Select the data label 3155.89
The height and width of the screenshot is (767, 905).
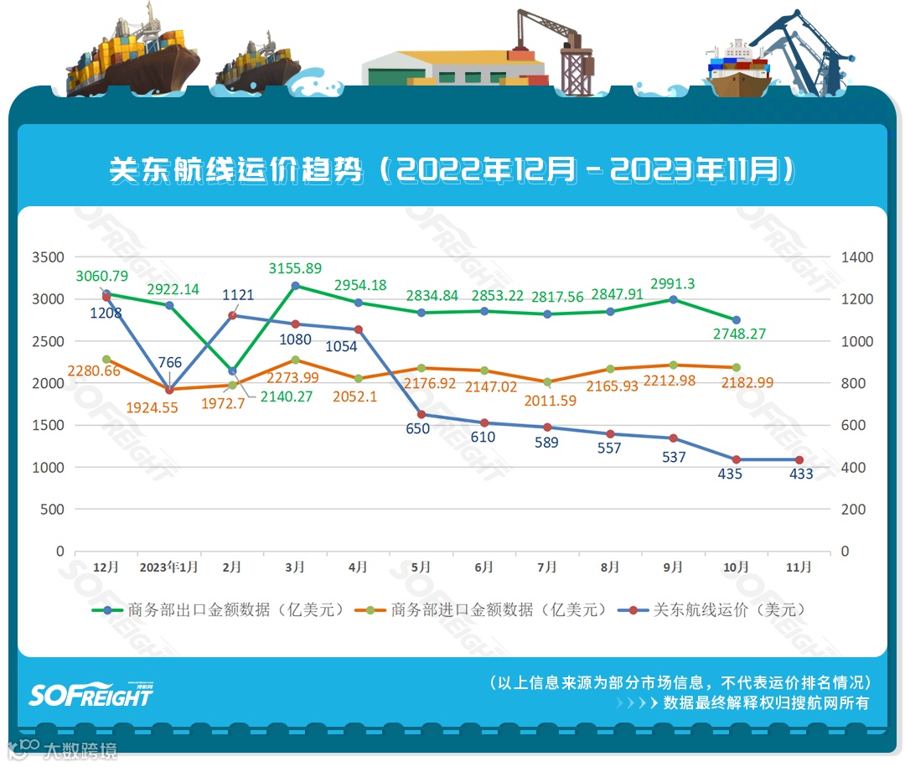pyautogui.click(x=295, y=268)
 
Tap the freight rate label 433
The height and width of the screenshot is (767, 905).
pyautogui.click(x=799, y=474)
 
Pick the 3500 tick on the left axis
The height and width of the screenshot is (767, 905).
pyautogui.click(x=48, y=257)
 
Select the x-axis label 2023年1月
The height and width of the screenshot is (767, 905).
pyautogui.click(x=169, y=567)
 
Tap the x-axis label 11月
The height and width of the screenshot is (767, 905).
pyautogui.click(x=799, y=567)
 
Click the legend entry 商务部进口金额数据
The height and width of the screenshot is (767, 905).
pyautogui.click(x=487, y=609)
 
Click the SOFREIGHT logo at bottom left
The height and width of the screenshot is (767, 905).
pyautogui.click(x=91, y=694)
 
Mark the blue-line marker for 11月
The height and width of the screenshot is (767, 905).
pyautogui.click(x=799, y=460)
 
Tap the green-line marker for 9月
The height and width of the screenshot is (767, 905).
pyautogui.click(x=674, y=299)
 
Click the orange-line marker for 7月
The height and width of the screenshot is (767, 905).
pyautogui.click(x=547, y=382)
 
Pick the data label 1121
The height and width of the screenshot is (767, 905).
pyautogui.click(x=239, y=295)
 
